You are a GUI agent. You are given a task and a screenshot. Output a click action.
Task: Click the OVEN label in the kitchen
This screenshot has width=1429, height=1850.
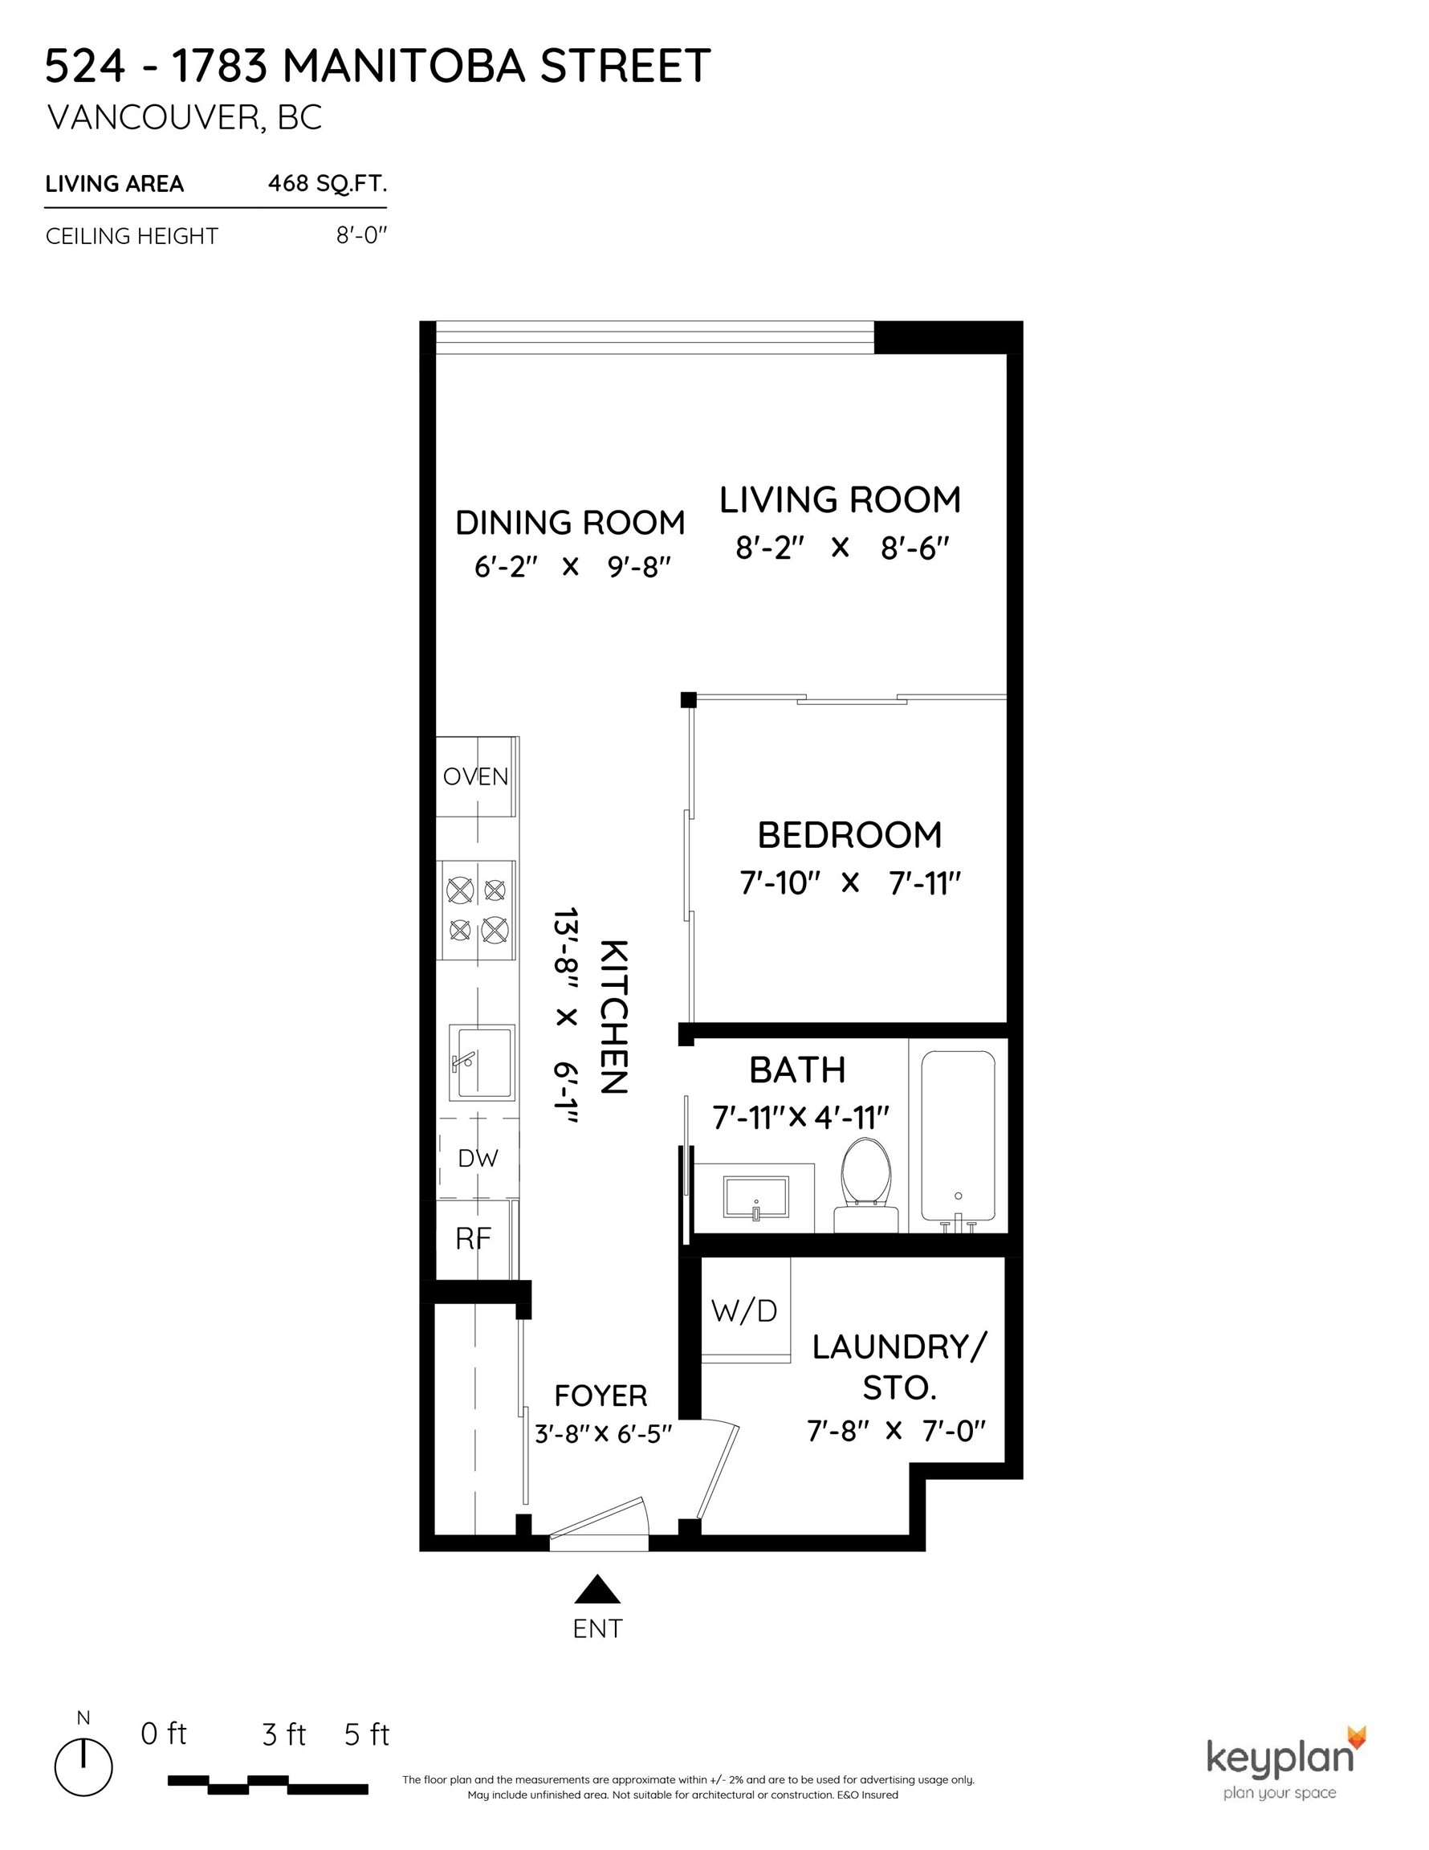coord(475,776)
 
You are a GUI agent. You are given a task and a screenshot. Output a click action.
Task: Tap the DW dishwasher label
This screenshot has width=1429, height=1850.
coord(478,1158)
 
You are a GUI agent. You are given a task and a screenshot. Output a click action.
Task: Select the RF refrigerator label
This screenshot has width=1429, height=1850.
coord(473,1239)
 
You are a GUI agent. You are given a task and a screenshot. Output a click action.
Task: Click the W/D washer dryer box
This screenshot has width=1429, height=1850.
coord(744,1311)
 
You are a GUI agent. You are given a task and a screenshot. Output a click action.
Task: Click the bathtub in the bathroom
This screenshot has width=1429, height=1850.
coord(958,1135)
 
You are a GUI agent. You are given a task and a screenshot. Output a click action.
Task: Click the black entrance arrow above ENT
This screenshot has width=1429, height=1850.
coord(598,1590)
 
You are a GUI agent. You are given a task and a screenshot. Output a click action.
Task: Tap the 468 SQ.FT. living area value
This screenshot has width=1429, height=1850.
coord(327,183)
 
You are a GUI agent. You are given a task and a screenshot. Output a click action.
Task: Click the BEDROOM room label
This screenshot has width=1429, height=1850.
coord(849,835)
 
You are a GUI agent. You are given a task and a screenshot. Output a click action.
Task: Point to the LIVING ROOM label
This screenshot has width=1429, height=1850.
coord(841,499)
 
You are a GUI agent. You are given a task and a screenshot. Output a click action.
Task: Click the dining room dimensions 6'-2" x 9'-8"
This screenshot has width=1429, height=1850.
coord(572,567)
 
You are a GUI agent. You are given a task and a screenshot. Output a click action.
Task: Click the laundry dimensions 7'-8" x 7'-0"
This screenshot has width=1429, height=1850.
coord(897,1432)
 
